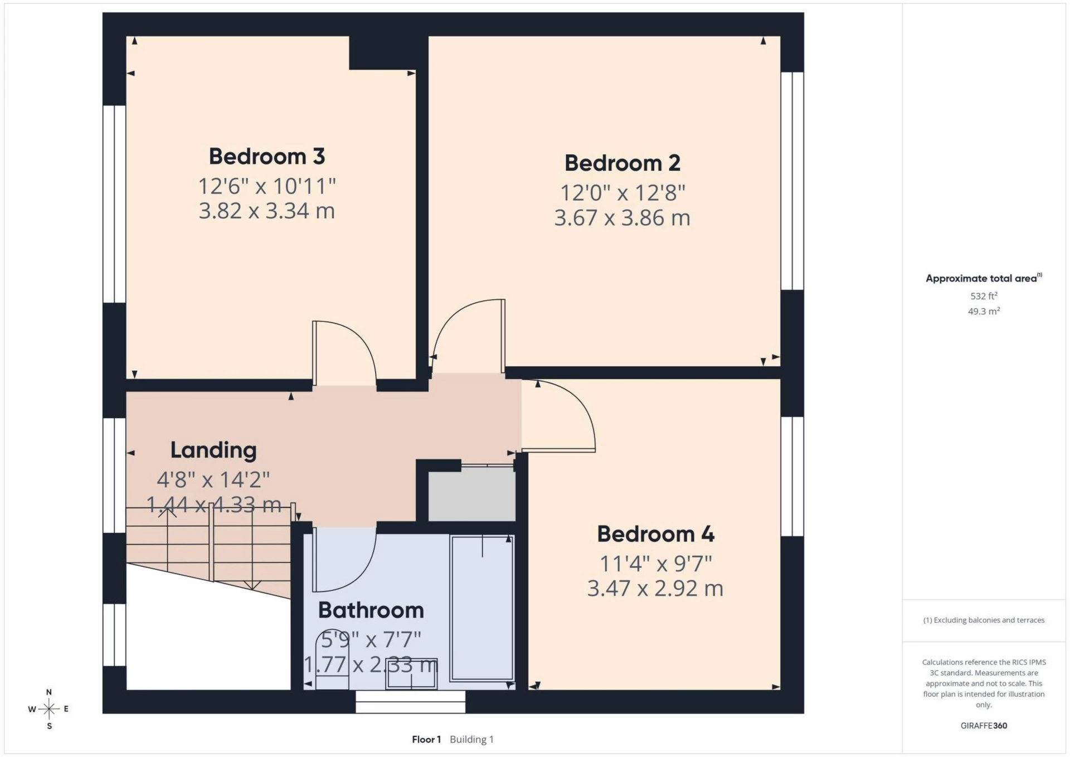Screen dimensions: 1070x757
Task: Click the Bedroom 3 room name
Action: pos(266,157)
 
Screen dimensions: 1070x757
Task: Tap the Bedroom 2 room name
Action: pos(622,163)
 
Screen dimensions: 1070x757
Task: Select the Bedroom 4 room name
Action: pos(655,534)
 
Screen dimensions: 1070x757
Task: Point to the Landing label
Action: pos(213,450)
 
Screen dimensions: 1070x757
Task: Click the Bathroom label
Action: pos(371,610)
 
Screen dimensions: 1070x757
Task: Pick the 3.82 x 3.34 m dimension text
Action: pos(266,211)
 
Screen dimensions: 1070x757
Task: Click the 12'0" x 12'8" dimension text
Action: pos(622,193)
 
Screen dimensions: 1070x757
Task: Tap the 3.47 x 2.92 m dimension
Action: pos(655,589)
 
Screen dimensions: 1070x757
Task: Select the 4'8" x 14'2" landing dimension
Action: pos(213,479)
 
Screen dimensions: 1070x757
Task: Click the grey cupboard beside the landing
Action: pos(471,493)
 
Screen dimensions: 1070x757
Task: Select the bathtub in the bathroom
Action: pos(482,608)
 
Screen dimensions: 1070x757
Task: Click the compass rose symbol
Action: pos(49,709)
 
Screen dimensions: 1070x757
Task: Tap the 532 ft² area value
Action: pos(984,296)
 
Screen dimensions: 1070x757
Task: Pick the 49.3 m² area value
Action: pos(984,311)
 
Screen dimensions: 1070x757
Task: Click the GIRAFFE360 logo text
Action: pos(984,726)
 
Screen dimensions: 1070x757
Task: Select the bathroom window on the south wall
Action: pos(411,702)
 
